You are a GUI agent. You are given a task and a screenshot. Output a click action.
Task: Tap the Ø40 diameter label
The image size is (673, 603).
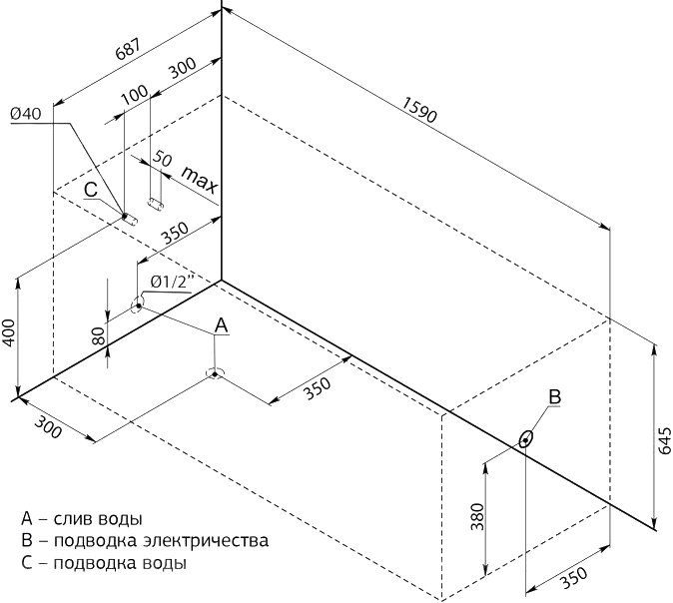tap(25, 114)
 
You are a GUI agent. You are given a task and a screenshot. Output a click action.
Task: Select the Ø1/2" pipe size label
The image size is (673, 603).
tap(170, 282)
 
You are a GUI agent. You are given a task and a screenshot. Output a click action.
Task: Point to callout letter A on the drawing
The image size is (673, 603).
tap(222, 324)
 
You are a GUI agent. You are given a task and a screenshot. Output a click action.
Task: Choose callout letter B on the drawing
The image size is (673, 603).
tap(554, 396)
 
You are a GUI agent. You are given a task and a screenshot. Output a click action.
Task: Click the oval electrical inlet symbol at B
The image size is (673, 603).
tap(525, 438)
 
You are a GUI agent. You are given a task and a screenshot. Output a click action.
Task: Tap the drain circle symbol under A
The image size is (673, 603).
tap(214, 373)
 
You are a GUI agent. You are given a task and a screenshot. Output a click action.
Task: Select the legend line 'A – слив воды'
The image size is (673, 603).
tap(81, 519)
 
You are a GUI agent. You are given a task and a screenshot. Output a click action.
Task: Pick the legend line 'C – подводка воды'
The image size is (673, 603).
tap(103, 563)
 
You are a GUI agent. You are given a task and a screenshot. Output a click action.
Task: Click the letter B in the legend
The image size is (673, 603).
tap(26, 541)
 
